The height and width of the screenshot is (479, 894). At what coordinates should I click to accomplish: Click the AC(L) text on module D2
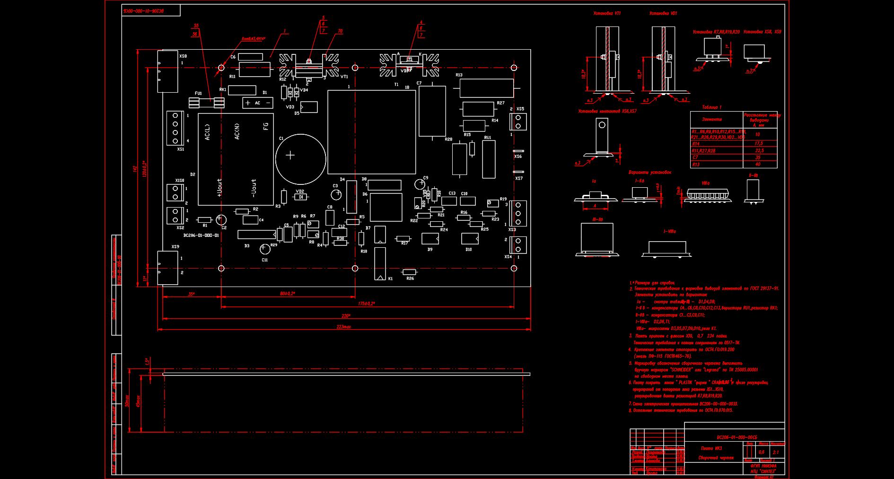click(x=208, y=131)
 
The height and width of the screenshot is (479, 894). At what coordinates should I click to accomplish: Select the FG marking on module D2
click(x=266, y=126)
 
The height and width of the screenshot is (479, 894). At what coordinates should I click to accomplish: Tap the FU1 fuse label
click(x=198, y=93)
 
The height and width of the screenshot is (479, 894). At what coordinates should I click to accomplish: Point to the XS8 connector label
click(x=183, y=56)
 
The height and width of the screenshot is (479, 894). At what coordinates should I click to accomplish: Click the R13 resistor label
click(x=459, y=75)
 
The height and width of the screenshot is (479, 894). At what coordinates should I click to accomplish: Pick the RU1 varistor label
click(x=488, y=138)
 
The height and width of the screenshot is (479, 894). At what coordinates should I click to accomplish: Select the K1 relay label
click(x=390, y=279)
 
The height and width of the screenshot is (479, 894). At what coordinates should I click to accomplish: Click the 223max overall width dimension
click(x=344, y=327)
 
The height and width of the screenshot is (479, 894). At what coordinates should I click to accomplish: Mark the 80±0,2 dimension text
click(x=288, y=294)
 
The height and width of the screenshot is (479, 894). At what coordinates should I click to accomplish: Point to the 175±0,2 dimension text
click(x=367, y=304)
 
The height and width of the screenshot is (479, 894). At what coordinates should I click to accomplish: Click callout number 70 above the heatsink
click(x=340, y=31)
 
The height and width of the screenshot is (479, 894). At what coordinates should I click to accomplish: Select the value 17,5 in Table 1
click(x=759, y=143)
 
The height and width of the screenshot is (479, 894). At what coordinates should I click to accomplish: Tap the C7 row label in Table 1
click(x=695, y=157)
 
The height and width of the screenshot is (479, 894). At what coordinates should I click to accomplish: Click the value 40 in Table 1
click(x=758, y=165)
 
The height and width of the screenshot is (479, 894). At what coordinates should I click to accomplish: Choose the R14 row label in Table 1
click(x=696, y=144)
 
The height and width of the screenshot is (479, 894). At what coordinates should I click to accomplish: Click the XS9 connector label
click(x=175, y=247)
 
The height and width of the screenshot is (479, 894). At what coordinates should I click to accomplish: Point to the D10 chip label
click(x=468, y=250)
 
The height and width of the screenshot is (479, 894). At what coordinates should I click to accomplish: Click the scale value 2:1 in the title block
click(x=775, y=453)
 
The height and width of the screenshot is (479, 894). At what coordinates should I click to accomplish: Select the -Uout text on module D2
click(x=254, y=188)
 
